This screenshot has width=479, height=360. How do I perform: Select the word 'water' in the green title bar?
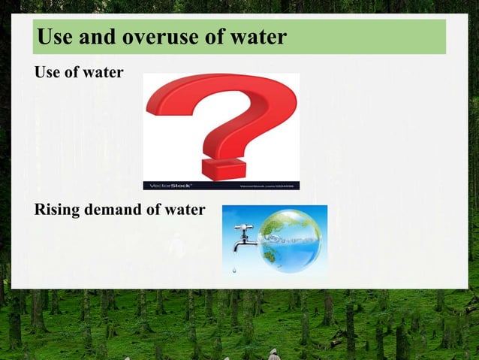point(257,37)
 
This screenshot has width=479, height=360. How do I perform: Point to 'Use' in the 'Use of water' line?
point(48,74)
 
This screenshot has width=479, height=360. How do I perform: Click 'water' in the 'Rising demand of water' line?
point(183,210)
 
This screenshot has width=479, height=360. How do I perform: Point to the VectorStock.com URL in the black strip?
point(267,185)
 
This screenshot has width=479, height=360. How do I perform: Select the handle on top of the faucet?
point(243,227)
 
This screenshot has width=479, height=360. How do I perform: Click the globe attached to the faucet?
point(291,240)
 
